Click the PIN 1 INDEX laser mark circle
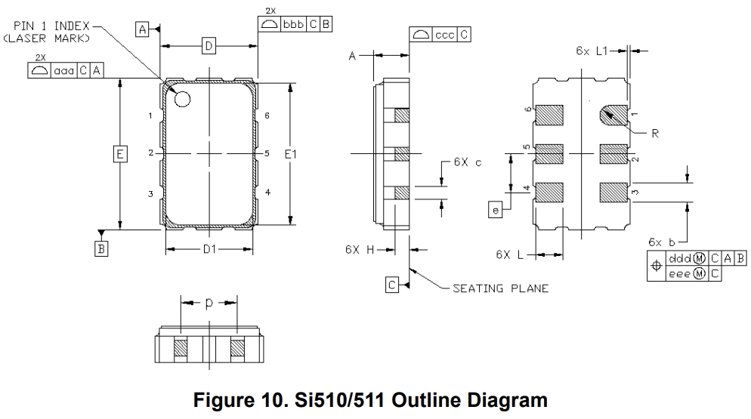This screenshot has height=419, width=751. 182,98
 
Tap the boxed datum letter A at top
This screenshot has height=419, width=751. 142,29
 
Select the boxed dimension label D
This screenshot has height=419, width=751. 209,48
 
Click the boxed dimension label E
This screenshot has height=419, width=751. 119,154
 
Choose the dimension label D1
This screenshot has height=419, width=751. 209,249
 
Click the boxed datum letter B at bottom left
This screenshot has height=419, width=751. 100,247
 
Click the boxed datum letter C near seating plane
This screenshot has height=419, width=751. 392,285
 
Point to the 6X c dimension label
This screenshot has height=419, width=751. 468,162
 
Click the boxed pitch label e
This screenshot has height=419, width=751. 496,210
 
